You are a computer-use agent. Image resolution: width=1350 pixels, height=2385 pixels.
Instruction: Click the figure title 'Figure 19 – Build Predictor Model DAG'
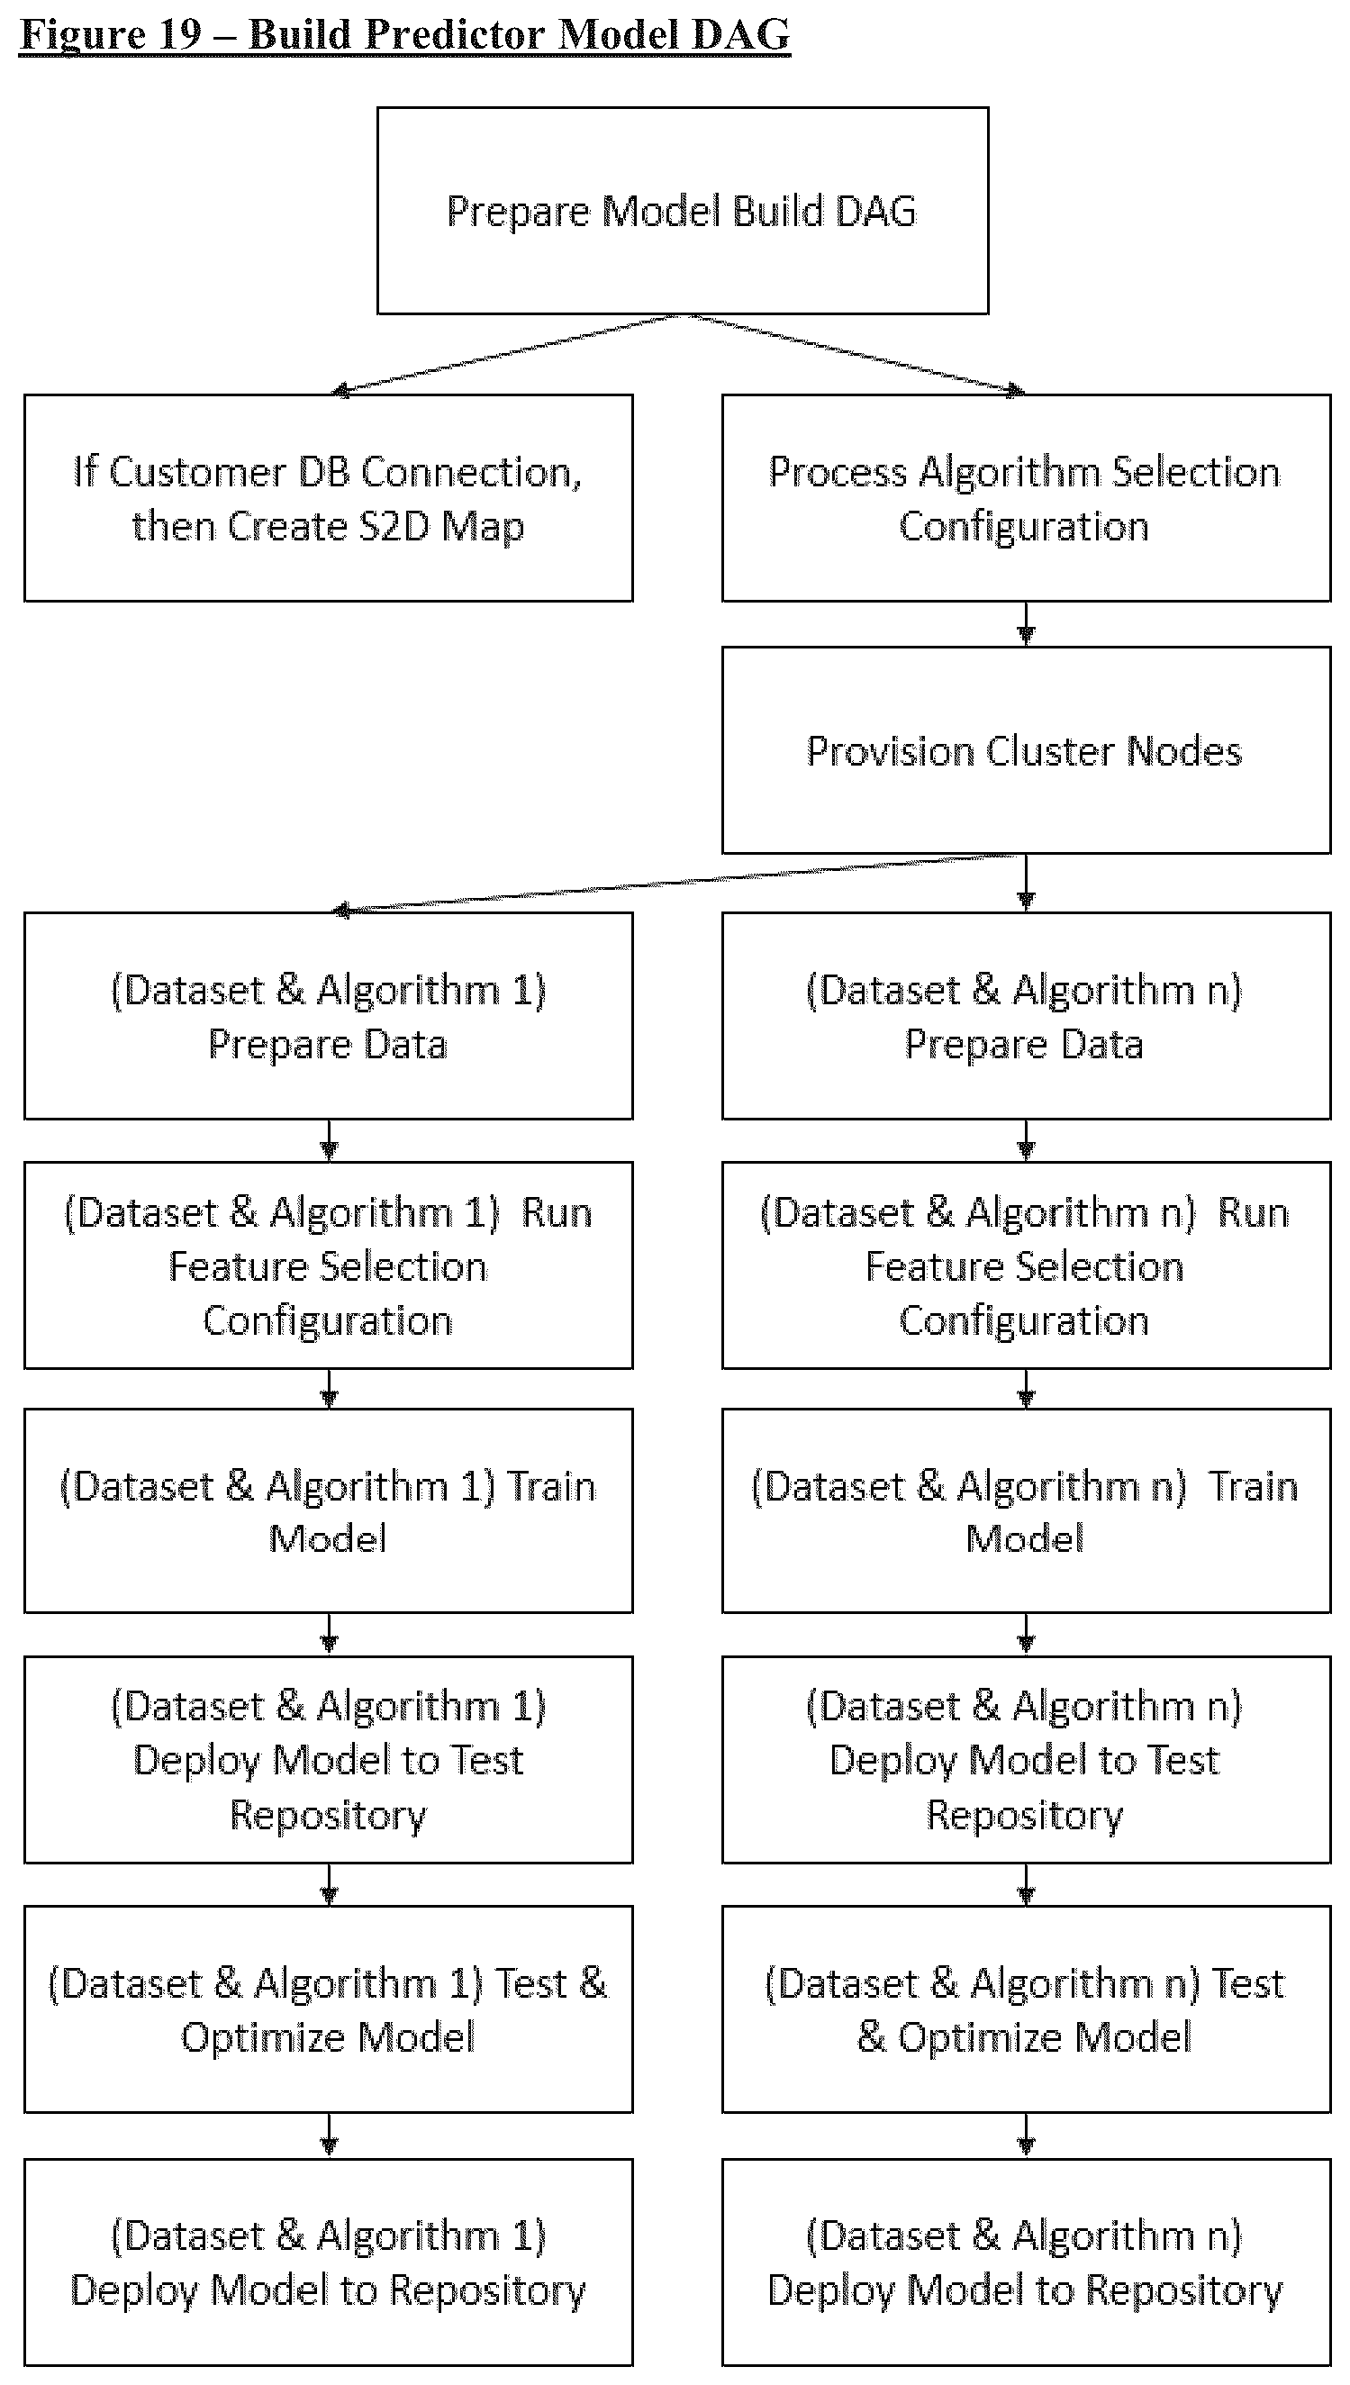tap(405, 35)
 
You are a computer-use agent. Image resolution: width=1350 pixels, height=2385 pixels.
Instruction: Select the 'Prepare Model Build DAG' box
tap(683, 211)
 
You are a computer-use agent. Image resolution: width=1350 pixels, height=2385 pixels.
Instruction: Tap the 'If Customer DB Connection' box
tap(328, 498)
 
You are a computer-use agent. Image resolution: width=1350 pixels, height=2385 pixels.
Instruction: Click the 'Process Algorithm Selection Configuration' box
tap(1026, 498)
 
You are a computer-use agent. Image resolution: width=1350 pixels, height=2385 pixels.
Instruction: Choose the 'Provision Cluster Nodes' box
tap(1026, 750)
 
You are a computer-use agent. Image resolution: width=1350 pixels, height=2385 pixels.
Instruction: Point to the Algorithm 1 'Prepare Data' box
tap(328, 1015)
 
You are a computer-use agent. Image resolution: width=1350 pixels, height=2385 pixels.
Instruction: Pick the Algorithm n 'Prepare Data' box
tap(1026, 1015)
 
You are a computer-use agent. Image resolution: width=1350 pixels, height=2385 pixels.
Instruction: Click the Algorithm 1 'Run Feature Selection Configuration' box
tap(328, 1265)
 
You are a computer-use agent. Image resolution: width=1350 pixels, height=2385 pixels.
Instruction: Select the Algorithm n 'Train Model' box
tap(1026, 1511)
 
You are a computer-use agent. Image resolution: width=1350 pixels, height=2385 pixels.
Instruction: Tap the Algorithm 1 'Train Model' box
tap(328, 1511)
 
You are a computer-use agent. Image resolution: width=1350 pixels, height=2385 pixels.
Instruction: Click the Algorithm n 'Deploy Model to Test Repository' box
tap(1026, 1759)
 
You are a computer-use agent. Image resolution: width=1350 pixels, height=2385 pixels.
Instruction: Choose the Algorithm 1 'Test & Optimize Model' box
tap(328, 2009)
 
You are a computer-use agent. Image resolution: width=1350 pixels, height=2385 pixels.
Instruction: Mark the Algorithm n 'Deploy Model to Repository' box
tap(1026, 2263)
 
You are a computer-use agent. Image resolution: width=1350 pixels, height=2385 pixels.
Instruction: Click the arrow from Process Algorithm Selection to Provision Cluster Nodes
tap(1026, 624)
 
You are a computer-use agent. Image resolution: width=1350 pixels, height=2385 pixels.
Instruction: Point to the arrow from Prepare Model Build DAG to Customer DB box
tap(505, 354)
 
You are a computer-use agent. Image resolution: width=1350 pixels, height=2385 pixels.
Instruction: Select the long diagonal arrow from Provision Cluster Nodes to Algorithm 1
tap(677, 884)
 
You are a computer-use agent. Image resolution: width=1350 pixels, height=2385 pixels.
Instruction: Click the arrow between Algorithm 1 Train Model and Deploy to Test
tap(329, 1635)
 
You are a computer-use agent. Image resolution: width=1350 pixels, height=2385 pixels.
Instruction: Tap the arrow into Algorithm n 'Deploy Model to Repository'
tap(1026, 2136)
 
